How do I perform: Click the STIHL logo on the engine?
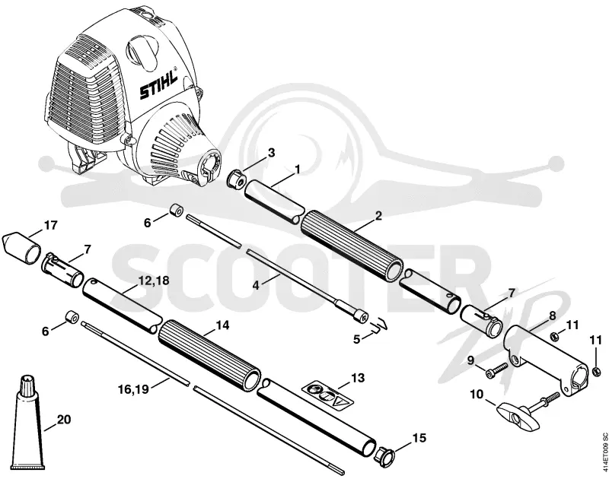(158, 84)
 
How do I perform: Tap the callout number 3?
(271, 152)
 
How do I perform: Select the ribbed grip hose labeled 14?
(209, 355)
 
